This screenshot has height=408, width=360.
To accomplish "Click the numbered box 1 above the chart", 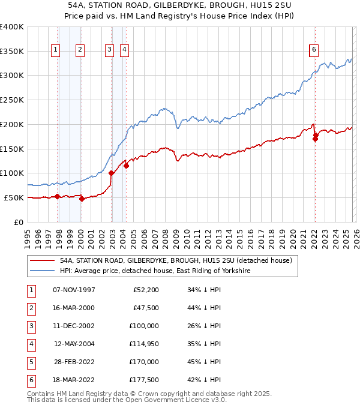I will coord(55,50).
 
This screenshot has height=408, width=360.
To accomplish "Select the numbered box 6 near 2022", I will coord(314,50).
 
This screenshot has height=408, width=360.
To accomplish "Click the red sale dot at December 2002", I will coord(112,173).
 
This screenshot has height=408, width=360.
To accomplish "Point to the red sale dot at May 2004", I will coord(127,166).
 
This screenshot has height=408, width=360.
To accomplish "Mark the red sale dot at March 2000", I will coord(82,199).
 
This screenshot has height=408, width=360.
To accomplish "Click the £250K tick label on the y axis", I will coord(11,100).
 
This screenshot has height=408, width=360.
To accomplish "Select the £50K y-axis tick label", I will coord(14,197).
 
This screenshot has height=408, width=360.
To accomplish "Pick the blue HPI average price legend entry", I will coord(155,271).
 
